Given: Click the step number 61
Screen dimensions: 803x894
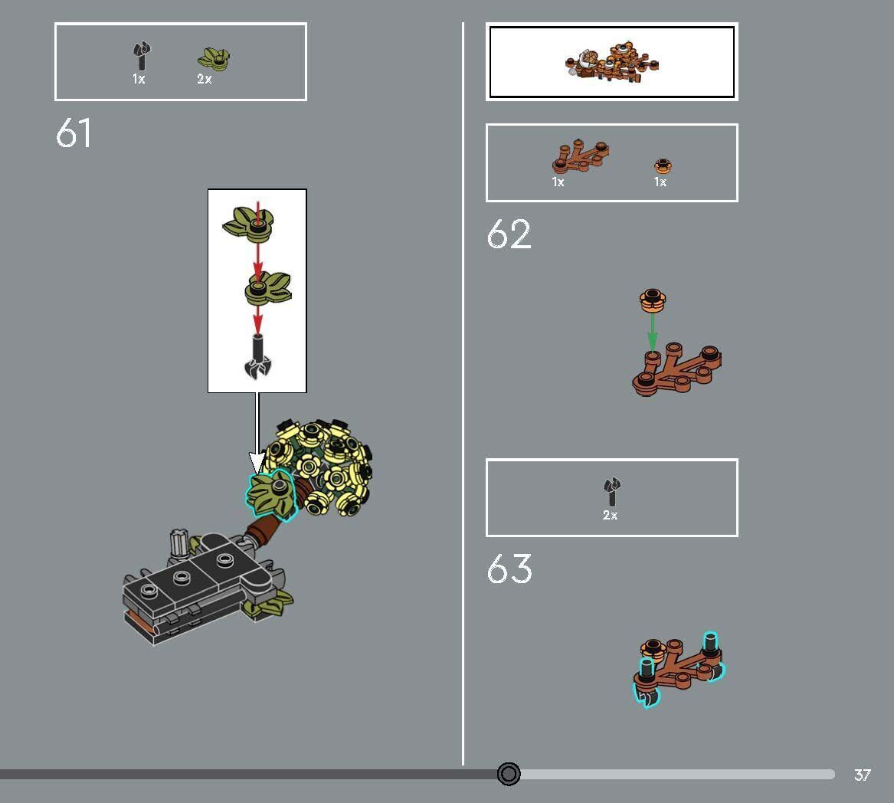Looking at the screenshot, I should click(74, 133).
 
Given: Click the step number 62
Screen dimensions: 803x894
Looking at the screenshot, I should click(509, 234).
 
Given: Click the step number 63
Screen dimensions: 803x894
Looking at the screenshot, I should click(509, 570).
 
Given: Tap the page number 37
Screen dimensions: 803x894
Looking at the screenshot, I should click(863, 775).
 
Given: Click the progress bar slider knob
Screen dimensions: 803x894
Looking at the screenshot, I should click(509, 774).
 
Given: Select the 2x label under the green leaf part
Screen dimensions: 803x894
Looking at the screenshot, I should click(205, 79).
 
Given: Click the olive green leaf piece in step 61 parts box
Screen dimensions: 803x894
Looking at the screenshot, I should click(214, 58).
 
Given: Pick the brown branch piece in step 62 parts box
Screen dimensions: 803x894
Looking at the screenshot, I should click(580, 156).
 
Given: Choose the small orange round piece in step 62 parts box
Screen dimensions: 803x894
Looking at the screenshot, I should click(662, 166).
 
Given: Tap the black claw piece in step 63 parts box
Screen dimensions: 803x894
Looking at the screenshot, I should click(611, 492).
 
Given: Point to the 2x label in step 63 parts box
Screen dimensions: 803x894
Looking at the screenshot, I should click(611, 515).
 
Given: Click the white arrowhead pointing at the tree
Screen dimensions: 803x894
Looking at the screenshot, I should click(257, 463).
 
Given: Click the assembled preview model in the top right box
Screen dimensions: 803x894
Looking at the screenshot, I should click(612, 61).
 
